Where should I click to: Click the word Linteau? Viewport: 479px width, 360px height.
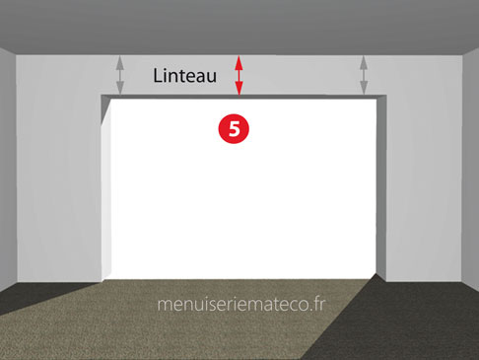(x=184, y=75)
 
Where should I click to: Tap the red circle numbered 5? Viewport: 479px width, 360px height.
(x=234, y=128)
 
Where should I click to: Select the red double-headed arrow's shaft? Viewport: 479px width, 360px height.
(x=239, y=76)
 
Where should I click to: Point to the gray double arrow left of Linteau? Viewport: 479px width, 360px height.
(x=120, y=76)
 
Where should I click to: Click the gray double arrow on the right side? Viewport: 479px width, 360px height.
(x=364, y=76)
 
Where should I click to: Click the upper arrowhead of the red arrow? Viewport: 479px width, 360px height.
(x=239, y=62)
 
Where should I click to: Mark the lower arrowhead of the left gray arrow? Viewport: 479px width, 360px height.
(x=120, y=88)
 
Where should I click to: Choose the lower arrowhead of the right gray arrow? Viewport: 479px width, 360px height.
(x=364, y=88)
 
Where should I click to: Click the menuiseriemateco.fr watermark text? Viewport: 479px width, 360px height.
(x=241, y=305)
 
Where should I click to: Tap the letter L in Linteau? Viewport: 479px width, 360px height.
(x=158, y=76)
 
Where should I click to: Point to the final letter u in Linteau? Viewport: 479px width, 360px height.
(x=211, y=78)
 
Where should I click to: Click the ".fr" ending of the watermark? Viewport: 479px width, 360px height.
(x=317, y=305)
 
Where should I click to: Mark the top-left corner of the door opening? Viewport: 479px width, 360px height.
(x=102, y=96)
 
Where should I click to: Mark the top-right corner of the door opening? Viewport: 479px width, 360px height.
(x=386, y=96)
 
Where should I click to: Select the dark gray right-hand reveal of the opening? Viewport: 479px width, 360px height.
(x=381, y=187)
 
